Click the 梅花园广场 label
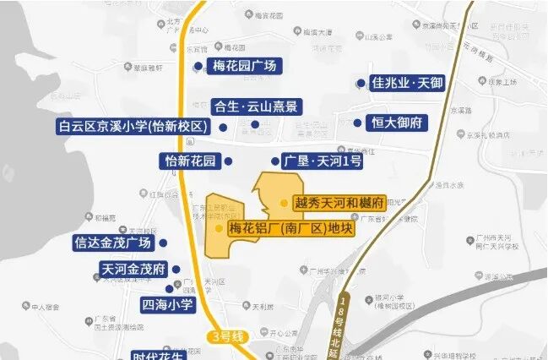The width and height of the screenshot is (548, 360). tap(243, 67)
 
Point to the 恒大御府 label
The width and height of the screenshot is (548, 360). tap(396, 123)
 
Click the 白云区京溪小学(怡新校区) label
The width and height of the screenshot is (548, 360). tap(133, 127)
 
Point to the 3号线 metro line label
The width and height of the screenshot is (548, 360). tap(227, 337)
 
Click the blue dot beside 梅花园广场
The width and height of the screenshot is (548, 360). tap(198, 66)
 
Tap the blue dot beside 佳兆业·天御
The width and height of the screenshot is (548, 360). tap(361, 84)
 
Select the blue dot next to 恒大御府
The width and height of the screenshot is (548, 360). tap(357, 123)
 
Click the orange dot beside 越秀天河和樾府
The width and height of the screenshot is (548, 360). tap(285, 203)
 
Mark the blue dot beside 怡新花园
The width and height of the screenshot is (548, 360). tap(227, 161)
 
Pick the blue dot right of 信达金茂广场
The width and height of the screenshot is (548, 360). tap(163, 243)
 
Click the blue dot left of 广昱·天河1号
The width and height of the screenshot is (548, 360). tap(274, 161)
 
